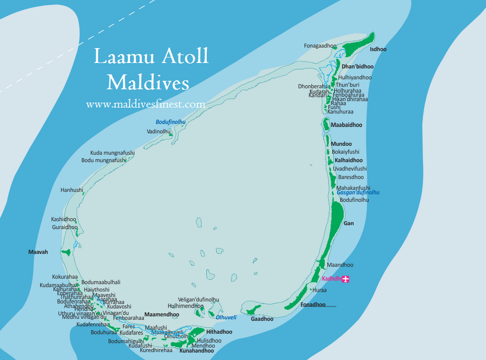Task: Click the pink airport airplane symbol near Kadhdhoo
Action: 346,279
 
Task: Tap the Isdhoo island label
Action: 378,50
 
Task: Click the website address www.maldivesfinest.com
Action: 145,105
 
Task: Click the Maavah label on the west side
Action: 38,252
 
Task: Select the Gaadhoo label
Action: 262,319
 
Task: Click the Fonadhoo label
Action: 313,304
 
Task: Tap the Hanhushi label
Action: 72,190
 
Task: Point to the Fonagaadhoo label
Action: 320,46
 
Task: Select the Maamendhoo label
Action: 162,314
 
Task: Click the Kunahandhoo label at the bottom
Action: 197,351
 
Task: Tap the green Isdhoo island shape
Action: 360,45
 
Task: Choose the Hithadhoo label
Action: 219,332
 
